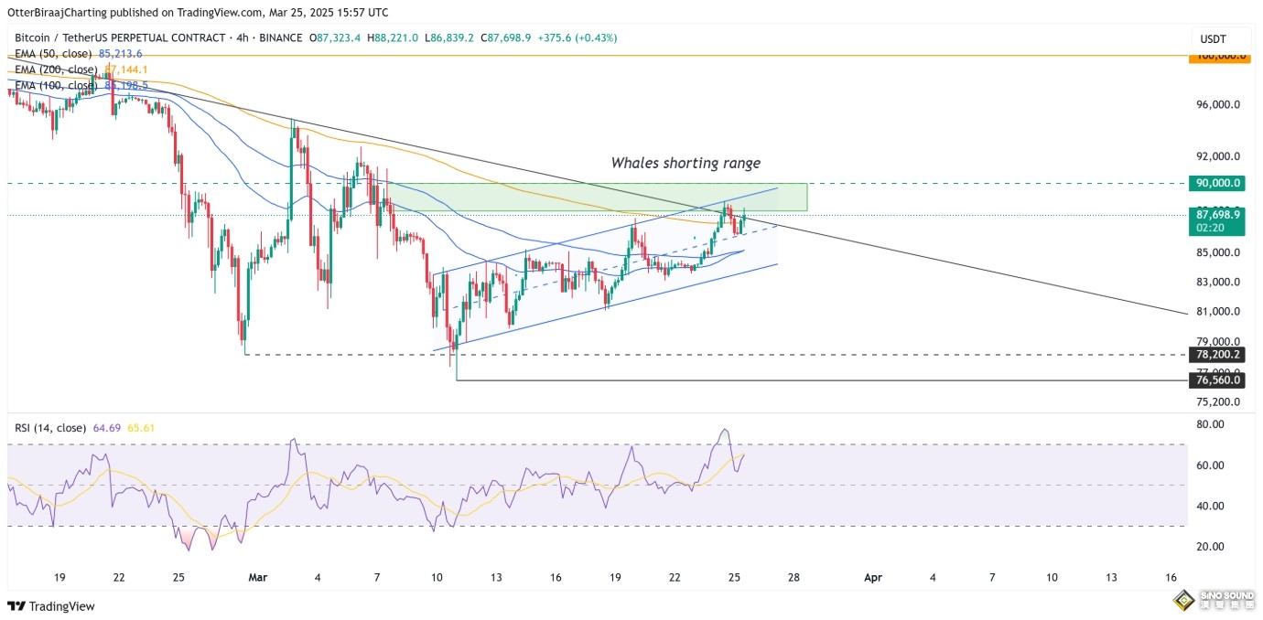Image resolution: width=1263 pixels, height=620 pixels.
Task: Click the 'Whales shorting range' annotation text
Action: pyautogui.click(x=685, y=163)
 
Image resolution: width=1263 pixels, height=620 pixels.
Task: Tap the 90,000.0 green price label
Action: pyautogui.click(x=1217, y=183)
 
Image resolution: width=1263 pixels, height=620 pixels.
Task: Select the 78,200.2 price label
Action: pyautogui.click(x=1217, y=355)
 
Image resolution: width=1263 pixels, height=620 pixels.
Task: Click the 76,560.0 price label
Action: pyautogui.click(x=1217, y=379)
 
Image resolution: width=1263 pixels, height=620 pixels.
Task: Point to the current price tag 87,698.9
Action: pyautogui.click(x=1217, y=214)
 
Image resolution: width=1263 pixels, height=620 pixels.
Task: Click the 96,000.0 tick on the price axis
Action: pyautogui.click(x=1217, y=104)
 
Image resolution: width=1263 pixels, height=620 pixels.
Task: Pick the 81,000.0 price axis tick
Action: pyautogui.click(x=1217, y=312)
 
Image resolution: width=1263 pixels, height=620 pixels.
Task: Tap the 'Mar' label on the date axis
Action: pyautogui.click(x=258, y=578)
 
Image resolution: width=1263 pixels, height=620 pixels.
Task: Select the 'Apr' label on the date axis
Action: pyautogui.click(x=873, y=578)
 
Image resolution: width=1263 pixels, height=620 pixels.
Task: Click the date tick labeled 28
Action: pyautogui.click(x=793, y=578)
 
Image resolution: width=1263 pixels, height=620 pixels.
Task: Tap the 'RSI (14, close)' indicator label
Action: pyautogui.click(x=50, y=428)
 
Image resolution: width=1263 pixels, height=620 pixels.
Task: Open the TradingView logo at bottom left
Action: pyautogui.click(x=51, y=606)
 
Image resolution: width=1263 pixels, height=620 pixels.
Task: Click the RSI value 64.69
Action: pyautogui.click(x=107, y=428)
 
